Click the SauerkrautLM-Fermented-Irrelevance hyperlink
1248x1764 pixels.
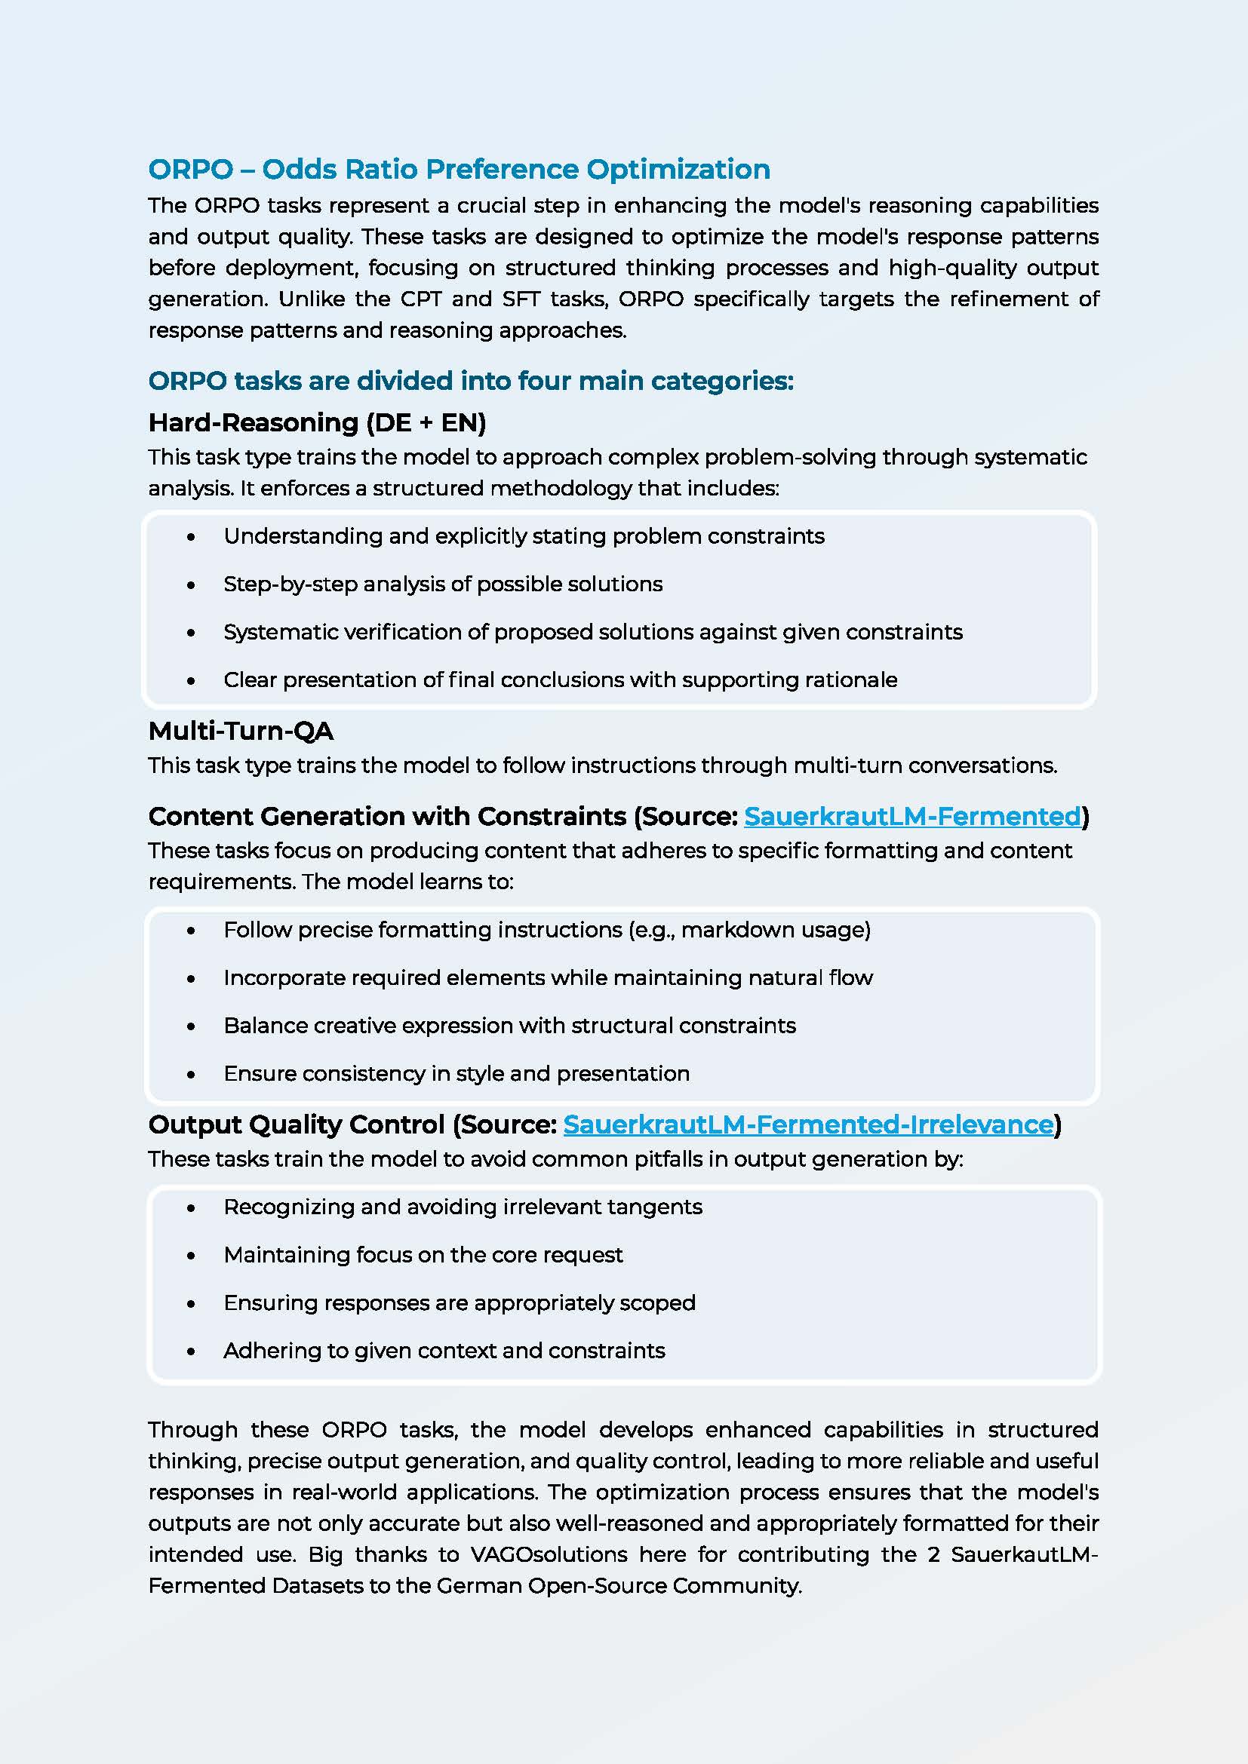(807, 1124)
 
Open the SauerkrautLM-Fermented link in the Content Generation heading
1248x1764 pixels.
(912, 816)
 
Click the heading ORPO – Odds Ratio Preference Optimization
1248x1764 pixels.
(459, 169)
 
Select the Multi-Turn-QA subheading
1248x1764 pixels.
(241, 731)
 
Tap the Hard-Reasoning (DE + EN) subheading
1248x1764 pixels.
(317, 422)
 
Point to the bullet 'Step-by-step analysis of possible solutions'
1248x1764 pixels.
(443, 584)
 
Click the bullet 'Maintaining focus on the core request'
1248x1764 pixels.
(423, 1255)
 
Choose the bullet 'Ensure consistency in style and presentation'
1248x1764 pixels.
(456, 1073)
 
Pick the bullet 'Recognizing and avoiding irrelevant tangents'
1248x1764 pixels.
(463, 1207)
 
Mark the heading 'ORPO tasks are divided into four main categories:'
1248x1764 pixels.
(470, 381)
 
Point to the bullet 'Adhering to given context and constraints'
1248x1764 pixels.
(444, 1351)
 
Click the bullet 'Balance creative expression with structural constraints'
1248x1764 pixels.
(509, 1026)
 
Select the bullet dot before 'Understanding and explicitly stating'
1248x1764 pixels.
(191, 537)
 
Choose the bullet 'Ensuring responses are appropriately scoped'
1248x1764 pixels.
(460, 1303)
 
